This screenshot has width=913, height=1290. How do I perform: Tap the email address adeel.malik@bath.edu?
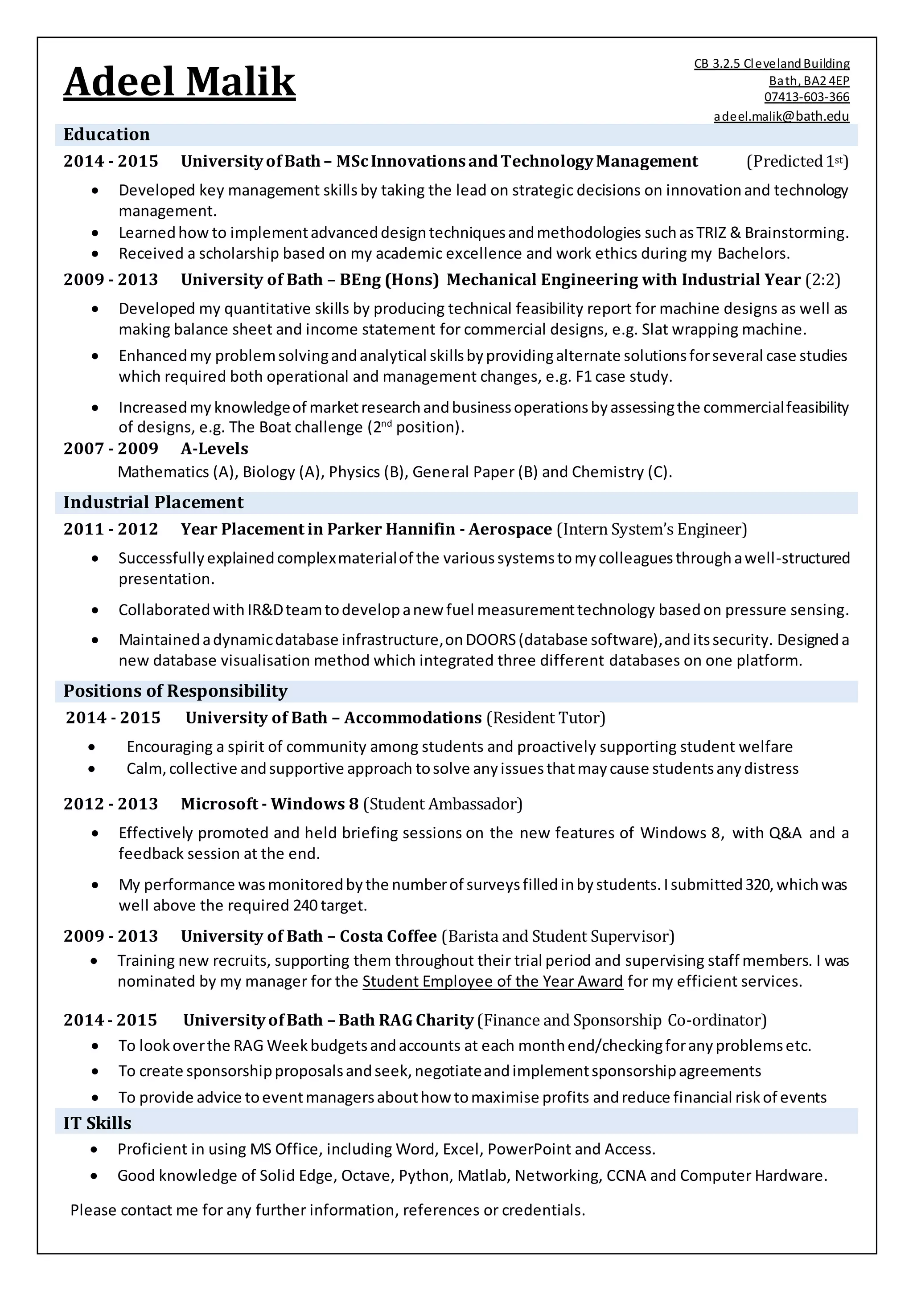[x=781, y=116]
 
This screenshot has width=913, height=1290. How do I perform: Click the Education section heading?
[x=107, y=134]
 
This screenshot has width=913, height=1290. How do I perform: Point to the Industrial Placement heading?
[x=153, y=502]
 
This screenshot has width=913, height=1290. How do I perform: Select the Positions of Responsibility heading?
[x=175, y=690]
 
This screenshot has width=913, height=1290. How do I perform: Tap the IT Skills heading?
[x=97, y=1123]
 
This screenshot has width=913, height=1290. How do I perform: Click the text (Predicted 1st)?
[x=797, y=161]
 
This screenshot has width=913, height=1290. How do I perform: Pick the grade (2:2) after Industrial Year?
[x=823, y=280]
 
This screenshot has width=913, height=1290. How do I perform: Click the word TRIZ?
[x=711, y=233]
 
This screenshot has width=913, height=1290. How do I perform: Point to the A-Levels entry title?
[x=214, y=449]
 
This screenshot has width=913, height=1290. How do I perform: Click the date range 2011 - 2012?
[x=111, y=529]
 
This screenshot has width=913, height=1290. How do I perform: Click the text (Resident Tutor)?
[x=545, y=718]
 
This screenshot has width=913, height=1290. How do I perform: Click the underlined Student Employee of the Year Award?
[x=493, y=982]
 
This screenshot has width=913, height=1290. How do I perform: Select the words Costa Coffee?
[x=388, y=936]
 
